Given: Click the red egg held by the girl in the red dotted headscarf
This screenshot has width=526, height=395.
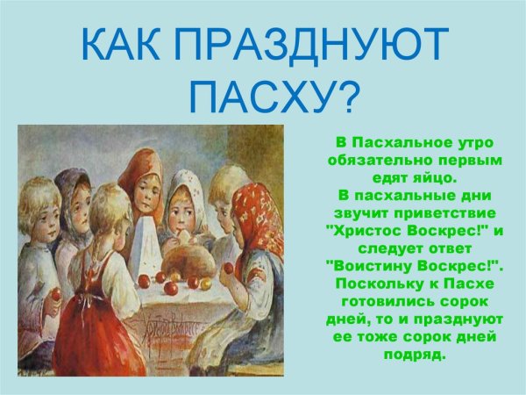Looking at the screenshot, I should click(x=229, y=268).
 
